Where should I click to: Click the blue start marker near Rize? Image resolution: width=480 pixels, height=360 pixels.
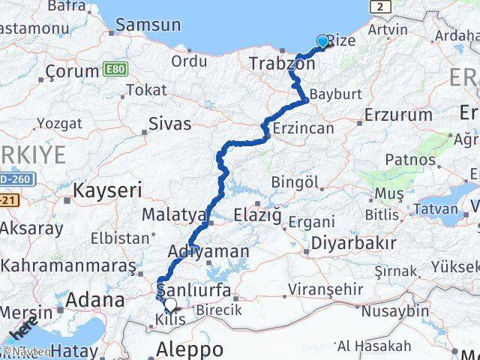coord(322,41)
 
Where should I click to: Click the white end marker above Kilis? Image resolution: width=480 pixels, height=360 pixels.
coord(171,304)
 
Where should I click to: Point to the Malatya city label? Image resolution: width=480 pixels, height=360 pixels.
coord(173,215)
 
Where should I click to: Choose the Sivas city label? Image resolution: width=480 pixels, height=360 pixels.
coord(170,123)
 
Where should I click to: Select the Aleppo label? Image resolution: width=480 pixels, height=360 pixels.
coord(190,349)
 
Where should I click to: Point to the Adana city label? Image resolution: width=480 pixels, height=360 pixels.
coord(95,300)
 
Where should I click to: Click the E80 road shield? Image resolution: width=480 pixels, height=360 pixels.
coord(115,70)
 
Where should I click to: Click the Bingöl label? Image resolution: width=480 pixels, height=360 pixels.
coord(295,181)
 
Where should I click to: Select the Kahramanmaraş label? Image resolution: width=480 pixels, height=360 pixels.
coord(67,265)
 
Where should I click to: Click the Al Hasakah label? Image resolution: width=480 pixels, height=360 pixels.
coord(374,346)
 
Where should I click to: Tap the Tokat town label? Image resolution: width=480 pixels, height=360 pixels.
coord(146,90)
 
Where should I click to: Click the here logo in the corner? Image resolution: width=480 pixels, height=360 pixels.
coord(25,328)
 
